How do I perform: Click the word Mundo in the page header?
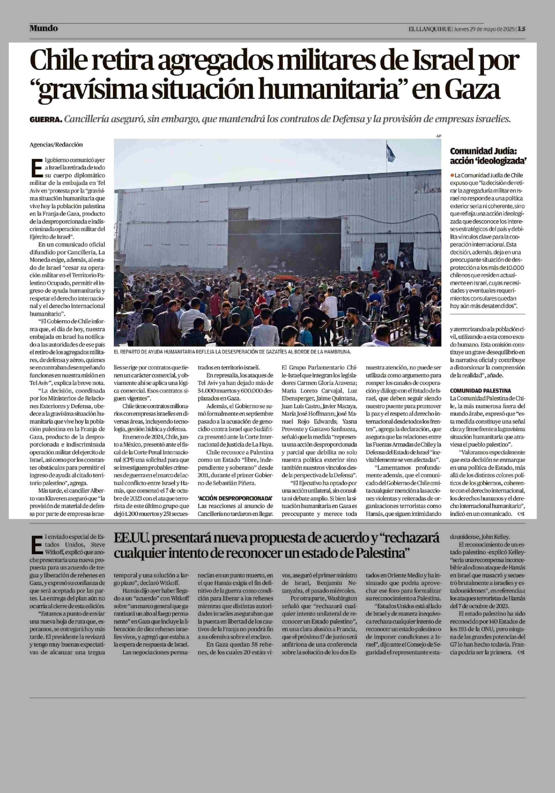pos(43,28)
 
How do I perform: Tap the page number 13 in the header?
pos(521,29)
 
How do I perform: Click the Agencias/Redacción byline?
pos(56,145)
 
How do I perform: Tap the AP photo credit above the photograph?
pos(439,136)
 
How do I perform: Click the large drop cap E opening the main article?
pos(34,168)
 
